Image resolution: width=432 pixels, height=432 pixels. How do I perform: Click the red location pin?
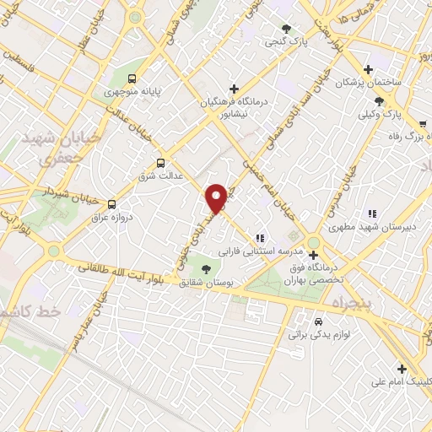pyautogui.click(x=217, y=197)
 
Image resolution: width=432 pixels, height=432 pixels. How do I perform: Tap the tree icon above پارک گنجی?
pyautogui.click(x=286, y=28)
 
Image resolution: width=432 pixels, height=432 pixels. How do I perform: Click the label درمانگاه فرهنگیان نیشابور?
pyautogui.click(x=233, y=107)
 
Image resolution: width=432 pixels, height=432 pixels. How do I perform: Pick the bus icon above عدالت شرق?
pyautogui.click(x=160, y=163)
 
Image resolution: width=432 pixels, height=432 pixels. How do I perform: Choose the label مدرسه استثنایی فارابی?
pyautogui.click(x=252, y=251)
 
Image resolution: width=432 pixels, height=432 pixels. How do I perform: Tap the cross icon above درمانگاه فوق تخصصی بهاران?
pyautogui.click(x=313, y=255)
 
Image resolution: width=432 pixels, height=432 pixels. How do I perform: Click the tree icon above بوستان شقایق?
pyautogui.click(x=207, y=269)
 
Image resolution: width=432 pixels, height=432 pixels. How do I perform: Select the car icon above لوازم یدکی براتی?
pyautogui.click(x=318, y=322)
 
